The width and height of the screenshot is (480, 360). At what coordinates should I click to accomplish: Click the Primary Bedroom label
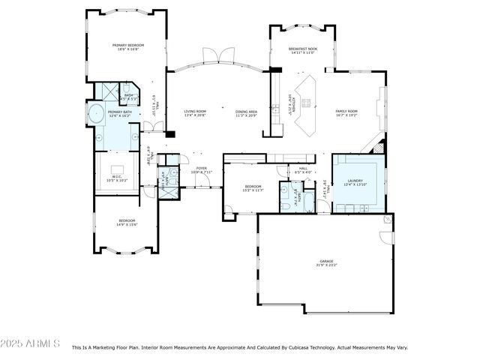tap(128, 46)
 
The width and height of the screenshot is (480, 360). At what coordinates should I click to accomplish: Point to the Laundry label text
tap(355, 181)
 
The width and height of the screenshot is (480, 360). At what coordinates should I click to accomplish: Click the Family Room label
tap(346, 111)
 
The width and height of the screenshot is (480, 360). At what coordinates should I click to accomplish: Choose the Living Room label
tap(195, 111)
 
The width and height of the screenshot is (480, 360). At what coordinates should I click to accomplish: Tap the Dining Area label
tap(247, 111)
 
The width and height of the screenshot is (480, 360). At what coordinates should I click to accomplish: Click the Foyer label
tap(202, 168)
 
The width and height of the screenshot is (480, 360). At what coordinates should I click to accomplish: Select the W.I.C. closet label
tap(116, 177)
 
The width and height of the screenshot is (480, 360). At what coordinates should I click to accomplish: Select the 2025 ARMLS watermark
tap(31, 343)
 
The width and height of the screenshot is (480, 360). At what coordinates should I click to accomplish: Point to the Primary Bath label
tap(120, 112)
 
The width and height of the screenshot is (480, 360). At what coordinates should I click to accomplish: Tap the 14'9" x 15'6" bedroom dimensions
tap(126, 225)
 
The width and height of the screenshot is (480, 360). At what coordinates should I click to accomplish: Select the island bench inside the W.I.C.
tap(118, 168)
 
